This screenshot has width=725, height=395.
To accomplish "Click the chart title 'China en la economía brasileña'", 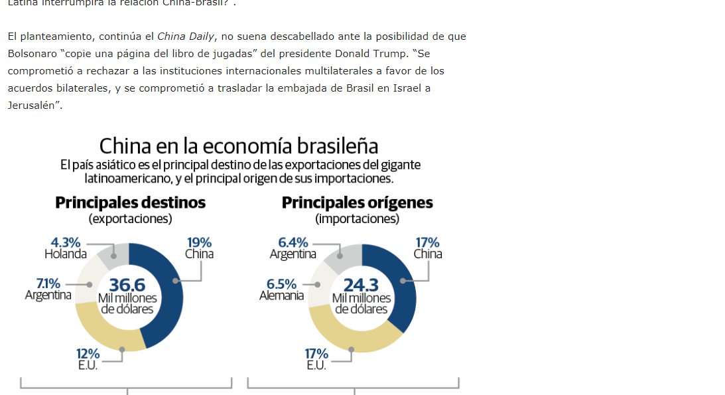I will coord(239,145).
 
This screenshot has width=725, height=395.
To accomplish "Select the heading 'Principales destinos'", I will coord(130,202).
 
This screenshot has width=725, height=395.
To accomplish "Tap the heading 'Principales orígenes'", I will coord(357,202).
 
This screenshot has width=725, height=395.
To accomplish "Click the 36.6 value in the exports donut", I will coord(127,285).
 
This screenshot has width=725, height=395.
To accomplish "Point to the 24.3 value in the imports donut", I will coord(361,285).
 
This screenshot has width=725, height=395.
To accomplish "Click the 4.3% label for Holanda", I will coord(66,243).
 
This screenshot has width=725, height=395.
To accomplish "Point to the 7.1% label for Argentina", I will coord(48,284).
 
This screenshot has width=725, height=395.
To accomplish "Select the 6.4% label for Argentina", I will coord(293,243).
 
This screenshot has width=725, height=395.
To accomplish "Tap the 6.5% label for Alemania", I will coord(281,284).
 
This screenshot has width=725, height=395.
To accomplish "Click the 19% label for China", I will coord(199,243).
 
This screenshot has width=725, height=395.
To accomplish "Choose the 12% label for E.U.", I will coord(88,354).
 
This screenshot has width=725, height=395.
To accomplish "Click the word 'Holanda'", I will coord(66,254).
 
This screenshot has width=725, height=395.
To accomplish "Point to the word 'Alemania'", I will coord(281,295).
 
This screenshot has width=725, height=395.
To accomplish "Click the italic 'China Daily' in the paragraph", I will coord(186,37).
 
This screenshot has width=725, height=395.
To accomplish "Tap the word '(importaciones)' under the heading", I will coord(357,218).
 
